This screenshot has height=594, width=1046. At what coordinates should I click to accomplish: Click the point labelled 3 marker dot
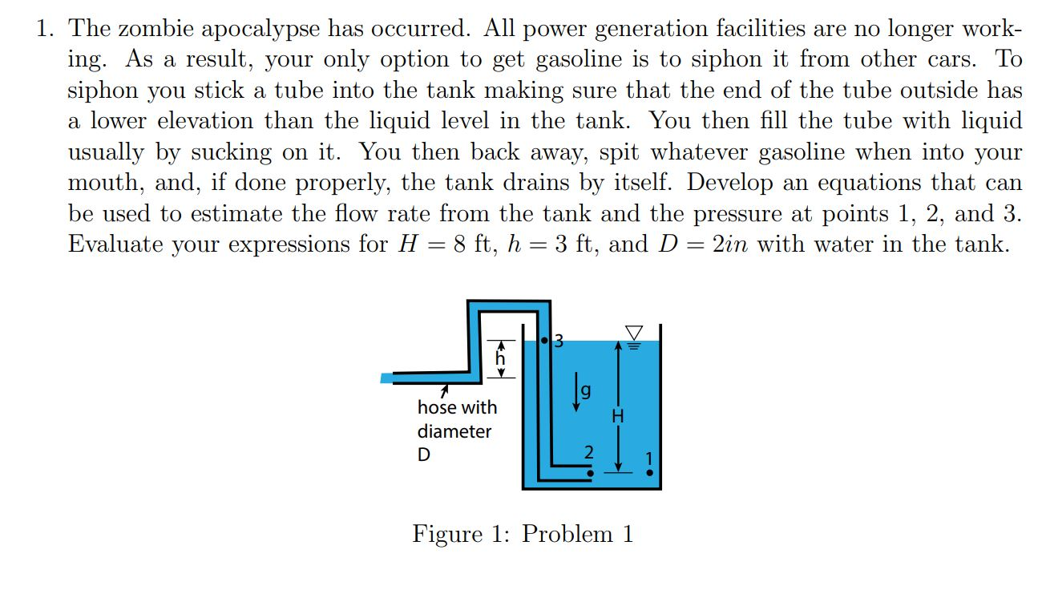pyautogui.click(x=544, y=341)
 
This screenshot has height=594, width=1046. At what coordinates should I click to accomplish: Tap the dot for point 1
pyautogui.click(x=650, y=473)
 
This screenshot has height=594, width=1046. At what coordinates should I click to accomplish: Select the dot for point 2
pyautogui.click(x=591, y=473)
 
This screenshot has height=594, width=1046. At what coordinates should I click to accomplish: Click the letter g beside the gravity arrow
pyautogui.click(x=586, y=392)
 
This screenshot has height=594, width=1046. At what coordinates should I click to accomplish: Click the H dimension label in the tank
pyautogui.click(x=617, y=416)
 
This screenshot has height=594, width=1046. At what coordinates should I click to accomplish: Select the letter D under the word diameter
pyautogui.click(x=423, y=455)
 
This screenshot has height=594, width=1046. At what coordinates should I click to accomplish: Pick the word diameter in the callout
pyautogui.click(x=454, y=431)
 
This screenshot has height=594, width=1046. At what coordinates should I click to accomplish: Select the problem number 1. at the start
pyautogui.click(x=46, y=29)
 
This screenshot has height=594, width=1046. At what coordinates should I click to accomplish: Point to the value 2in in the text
pyautogui.click(x=729, y=244)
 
